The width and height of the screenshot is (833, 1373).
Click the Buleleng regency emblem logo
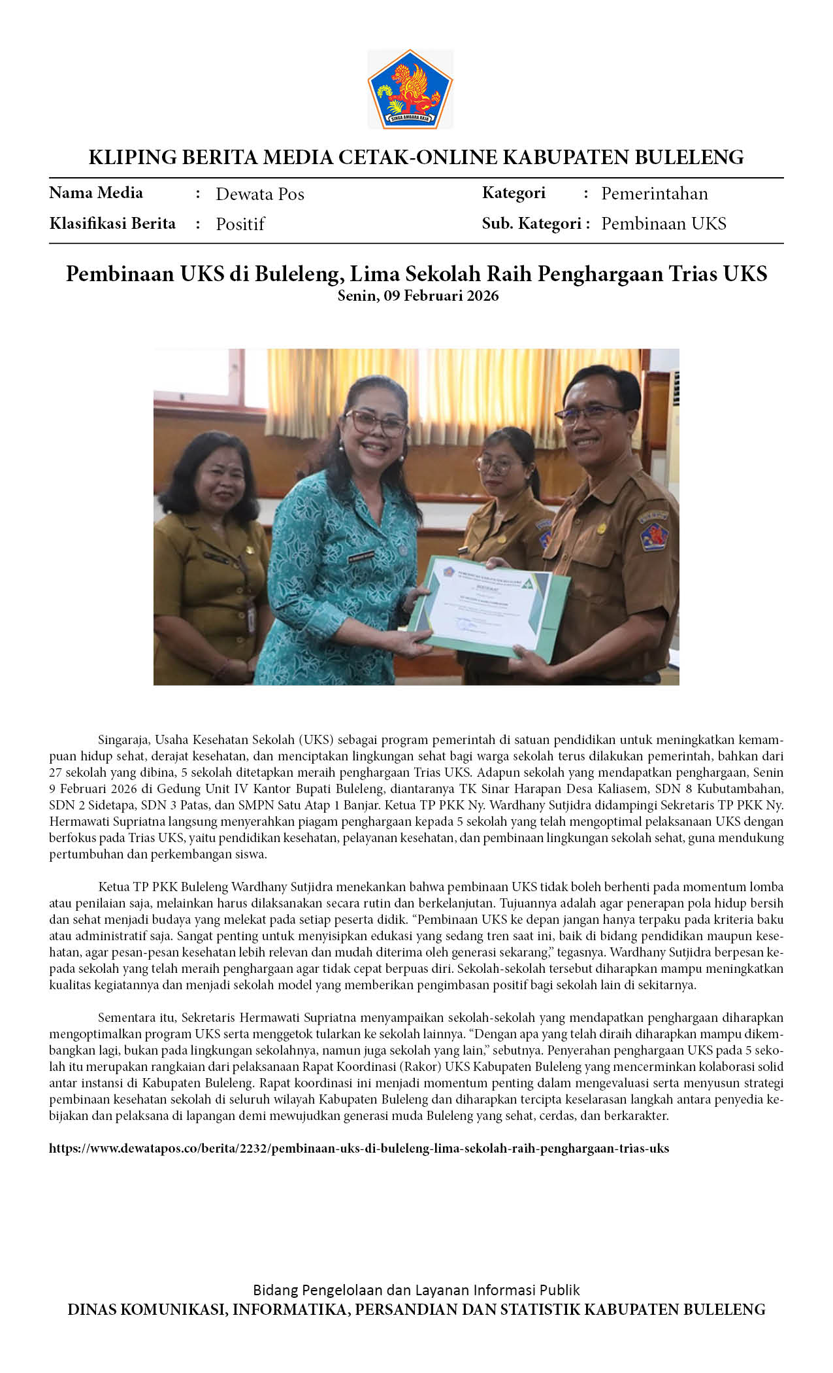pyautogui.click(x=410, y=89)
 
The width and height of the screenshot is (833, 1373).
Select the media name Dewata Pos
pyautogui.click(x=259, y=194)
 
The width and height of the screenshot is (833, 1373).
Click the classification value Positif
pyautogui.click(x=240, y=224)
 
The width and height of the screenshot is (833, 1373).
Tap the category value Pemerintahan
pyautogui.click(x=654, y=194)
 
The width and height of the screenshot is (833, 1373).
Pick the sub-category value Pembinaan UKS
pyautogui.click(x=663, y=224)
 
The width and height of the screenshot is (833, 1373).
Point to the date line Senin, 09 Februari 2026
pyautogui.click(x=417, y=296)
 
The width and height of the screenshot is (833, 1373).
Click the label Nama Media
pyautogui.click(x=96, y=193)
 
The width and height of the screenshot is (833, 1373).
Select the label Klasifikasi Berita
pyautogui.click(x=112, y=224)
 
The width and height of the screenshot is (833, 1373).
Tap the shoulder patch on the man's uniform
pyautogui.click(x=653, y=533)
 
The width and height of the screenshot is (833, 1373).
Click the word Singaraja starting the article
pyautogui.click(x=124, y=740)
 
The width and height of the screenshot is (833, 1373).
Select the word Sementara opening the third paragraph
pyautogui.click(x=127, y=1018)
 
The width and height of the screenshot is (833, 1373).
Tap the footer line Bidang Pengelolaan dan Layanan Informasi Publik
pyautogui.click(x=416, y=1291)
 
